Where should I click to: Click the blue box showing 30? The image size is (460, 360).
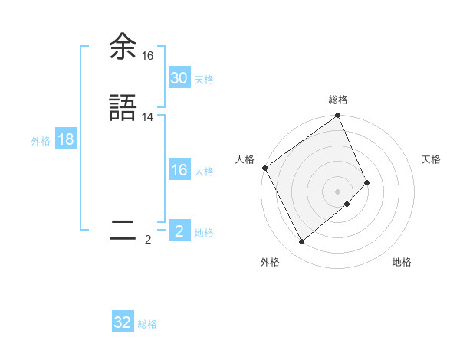pos(179,78)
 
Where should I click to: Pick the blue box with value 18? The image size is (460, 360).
pos(65,140)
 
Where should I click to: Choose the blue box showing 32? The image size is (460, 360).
pos(123,322)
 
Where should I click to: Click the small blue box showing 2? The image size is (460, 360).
pos(179,231)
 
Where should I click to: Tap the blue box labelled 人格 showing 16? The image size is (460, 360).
pos(179,171)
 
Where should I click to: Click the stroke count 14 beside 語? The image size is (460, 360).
pos(148,117)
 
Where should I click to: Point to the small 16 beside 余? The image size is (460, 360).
pos(148,56)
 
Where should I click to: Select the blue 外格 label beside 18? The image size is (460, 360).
pos(41,141)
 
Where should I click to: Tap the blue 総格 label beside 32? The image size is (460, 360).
pos(148,324)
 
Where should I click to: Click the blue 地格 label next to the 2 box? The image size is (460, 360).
pos(205,233)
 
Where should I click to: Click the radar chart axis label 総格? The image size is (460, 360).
pos(338,100)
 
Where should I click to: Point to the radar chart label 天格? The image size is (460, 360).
pos(432,159)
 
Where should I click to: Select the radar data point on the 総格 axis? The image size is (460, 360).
pos(338,116)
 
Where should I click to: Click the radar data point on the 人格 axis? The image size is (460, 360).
pos(264,168)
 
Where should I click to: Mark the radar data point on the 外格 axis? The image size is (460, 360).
pos(301,242)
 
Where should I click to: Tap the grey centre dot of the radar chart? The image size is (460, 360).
pos(338,191)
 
